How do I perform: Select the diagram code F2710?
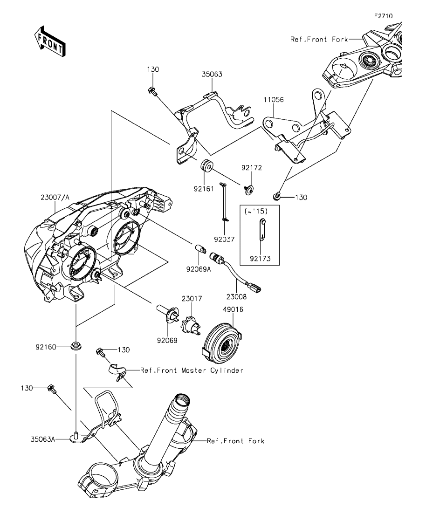tap(383, 16)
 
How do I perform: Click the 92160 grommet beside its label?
tap(75, 346)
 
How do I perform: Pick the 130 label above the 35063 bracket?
tap(153, 69)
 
